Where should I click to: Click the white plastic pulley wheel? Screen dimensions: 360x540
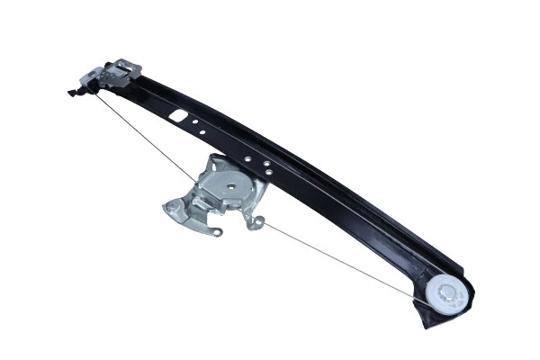tap(447, 293)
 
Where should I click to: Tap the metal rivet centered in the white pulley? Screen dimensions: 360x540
tap(447, 293)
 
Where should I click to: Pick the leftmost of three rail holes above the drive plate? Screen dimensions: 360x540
tap(247, 158)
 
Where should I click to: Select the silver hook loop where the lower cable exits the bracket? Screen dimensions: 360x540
tap(258, 221)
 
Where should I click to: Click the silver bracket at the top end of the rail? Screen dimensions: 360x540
tap(117, 71)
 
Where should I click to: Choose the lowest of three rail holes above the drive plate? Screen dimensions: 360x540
tap(267, 174)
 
